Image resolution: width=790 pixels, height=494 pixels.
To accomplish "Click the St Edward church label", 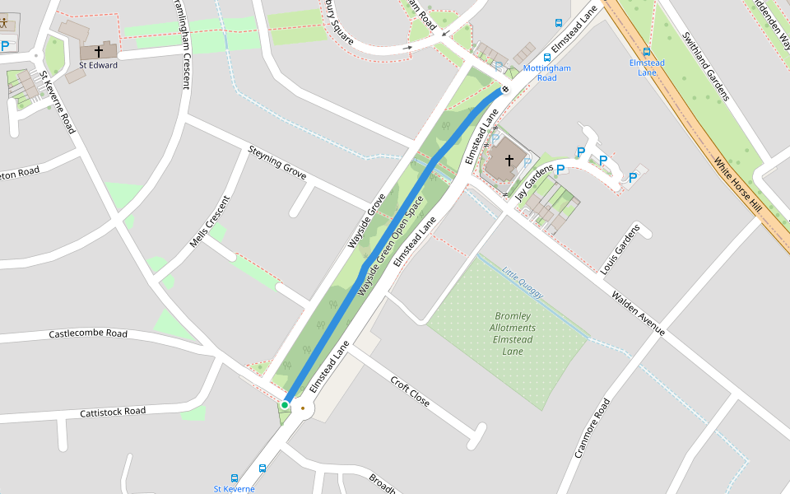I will pos(98,65).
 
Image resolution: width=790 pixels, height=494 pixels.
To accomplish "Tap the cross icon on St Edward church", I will pos(99,51).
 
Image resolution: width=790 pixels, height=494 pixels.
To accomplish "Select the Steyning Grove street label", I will pos(277,163).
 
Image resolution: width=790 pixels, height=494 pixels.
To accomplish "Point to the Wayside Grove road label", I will pos(367,221).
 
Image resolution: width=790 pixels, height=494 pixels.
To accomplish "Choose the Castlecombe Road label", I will pos(88,333).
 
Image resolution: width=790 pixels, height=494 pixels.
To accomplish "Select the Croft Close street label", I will pos(410,393).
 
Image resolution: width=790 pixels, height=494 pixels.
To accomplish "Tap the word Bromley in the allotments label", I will pos(513,316).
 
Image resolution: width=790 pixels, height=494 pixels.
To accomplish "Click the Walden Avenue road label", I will pos(638,313).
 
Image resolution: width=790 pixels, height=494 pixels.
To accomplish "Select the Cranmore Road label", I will pos(592,428).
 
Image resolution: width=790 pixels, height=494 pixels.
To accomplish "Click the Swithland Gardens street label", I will pos(705,66).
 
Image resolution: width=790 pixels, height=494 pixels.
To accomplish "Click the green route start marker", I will pos(285,405).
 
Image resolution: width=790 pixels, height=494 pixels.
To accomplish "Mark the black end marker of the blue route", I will pos(505,89).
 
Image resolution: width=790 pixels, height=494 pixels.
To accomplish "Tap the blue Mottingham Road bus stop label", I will pos(546,73).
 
